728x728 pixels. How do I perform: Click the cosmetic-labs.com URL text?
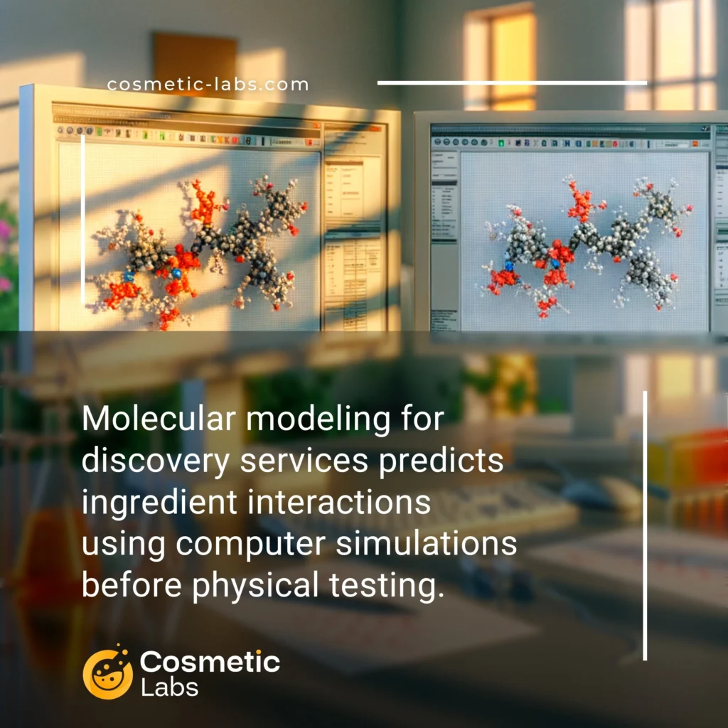tap(208, 85)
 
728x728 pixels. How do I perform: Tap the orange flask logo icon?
tap(107, 673)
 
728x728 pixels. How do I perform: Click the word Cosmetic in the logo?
tap(210, 663)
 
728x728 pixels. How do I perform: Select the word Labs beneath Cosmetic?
tap(169, 687)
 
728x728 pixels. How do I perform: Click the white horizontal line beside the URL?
tap(512, 83)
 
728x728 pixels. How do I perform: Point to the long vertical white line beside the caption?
tap(645, 525)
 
